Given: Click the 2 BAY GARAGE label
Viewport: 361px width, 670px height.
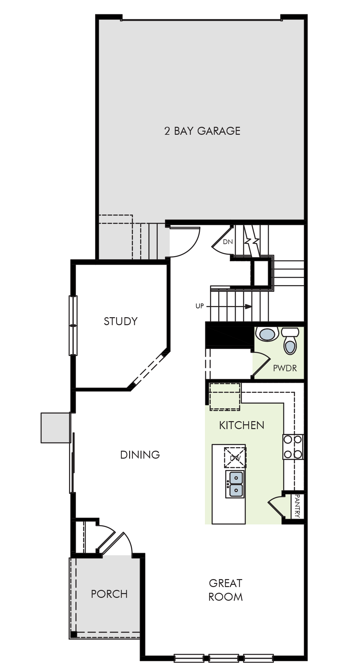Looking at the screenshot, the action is tap(202, 131).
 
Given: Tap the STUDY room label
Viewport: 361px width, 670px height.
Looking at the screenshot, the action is tap(121, 321).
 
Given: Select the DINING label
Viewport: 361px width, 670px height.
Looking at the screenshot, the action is tap(140, 455).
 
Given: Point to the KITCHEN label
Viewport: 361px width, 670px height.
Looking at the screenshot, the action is tap(242, 425).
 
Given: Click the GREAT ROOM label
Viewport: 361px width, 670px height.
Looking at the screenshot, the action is tap(226, 590).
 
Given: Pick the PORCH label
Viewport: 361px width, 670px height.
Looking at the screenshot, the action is tap(109, 594).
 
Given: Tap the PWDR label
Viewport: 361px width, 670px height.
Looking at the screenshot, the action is tap(285, 368).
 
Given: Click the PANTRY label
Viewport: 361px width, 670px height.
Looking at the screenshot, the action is tap(297, 506).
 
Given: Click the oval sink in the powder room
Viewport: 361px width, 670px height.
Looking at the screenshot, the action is tap(267, 334).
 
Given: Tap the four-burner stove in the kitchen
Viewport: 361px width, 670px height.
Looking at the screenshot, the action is tap(293, 447).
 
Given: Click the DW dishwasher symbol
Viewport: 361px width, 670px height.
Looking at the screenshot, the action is tap(235, 458).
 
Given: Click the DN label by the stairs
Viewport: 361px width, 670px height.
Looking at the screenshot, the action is tap(228, 242).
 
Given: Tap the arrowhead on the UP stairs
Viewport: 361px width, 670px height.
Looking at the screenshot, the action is tap(248, 307).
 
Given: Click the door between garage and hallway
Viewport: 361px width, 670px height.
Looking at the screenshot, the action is tap(185, 242).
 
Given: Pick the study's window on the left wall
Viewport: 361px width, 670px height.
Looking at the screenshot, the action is tap(73, 325).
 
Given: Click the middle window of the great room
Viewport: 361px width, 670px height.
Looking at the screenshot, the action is tap(224, 658).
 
